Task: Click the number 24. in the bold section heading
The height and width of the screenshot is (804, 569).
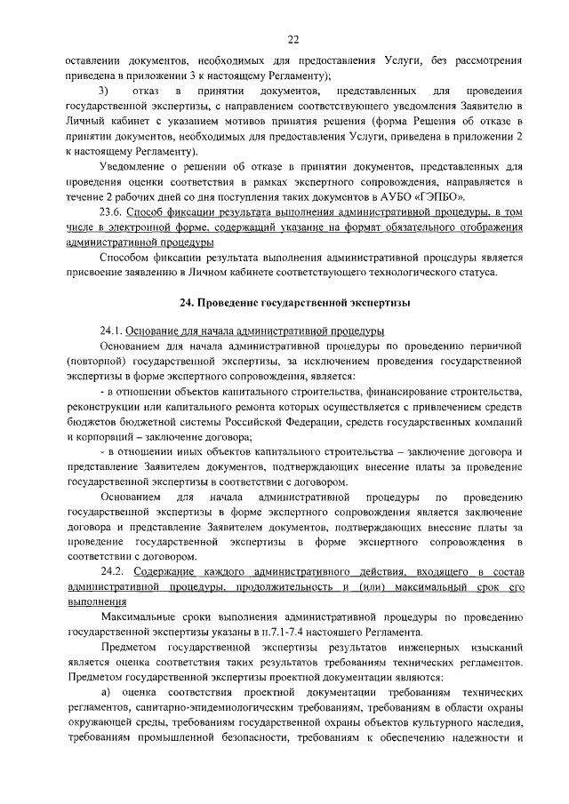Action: click(187, 303)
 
